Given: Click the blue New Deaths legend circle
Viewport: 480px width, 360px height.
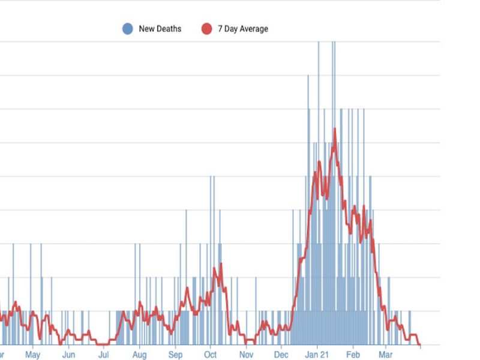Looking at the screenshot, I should tap(127, 29).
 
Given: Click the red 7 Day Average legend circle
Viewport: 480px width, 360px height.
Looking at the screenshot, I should tap(206, 29).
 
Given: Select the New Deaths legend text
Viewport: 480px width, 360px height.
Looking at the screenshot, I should tap(160, 29).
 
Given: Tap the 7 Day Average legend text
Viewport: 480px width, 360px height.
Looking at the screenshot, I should tap(243, 29).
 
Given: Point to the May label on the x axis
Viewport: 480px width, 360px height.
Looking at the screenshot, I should tap(32, 355).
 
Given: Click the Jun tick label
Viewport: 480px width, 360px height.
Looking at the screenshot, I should tap(68, 355).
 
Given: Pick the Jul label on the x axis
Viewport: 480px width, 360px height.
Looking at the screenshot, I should tap(103, 355).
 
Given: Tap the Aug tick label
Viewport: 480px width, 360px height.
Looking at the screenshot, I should tap(139, 355).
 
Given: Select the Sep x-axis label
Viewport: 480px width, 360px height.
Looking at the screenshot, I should tap(175, 355).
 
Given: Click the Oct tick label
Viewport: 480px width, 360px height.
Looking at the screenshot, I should tap(210, 355).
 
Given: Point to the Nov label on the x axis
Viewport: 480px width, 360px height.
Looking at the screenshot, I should tap(246, 355).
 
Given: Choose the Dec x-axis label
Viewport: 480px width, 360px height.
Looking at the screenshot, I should tap(281, 355).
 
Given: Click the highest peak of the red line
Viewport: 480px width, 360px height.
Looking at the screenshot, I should tap(334, 129).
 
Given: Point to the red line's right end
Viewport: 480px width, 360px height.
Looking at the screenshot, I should tap(420, 345).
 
